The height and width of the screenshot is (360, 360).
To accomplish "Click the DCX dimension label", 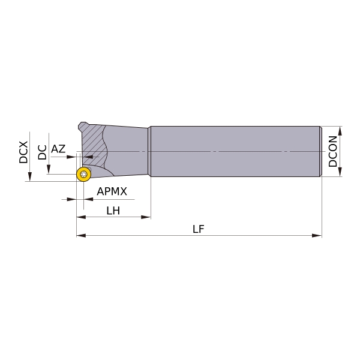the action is (x=23, y=152).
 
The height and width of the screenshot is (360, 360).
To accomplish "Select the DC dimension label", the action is (x=42, y=152).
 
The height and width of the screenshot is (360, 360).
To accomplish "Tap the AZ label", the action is (x=58, y=149).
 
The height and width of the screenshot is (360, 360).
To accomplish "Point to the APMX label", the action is (x=112, y=191).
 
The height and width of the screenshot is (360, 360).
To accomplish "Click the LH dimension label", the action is (x=113, y=211).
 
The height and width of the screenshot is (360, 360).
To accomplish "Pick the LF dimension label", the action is (x=199, y=229).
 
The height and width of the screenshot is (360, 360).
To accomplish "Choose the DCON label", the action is (x=332, y=151).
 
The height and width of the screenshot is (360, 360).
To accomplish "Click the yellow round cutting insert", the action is (x=84, y=174).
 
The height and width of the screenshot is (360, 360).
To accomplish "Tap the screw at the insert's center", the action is (x=84, y=174).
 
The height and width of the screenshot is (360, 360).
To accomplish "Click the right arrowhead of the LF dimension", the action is (x=317, y=235).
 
